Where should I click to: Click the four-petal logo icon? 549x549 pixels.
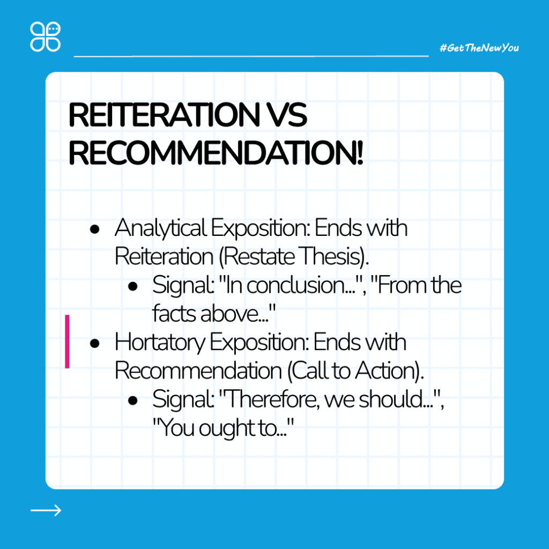[x=45, y=37]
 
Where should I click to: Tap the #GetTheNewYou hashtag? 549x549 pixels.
[x=479, y=48]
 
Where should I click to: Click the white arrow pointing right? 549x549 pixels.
[x=46, y=510]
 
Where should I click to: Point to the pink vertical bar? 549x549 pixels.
[x=67, y=342]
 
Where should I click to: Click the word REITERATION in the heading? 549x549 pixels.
[x=164, y=115]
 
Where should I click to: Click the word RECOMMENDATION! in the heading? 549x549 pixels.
[x=216, y=153]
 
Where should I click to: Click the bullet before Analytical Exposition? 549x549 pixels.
[x=94, y=229]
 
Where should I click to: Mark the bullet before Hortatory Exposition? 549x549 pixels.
[x=94, y=344]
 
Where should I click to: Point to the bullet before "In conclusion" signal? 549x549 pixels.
[x=133, y=286]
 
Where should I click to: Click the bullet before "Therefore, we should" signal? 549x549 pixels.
[x=133, y=400]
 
